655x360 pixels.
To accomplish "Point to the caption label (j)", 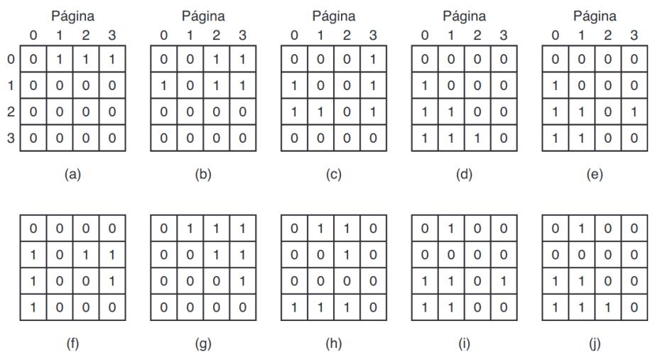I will click(x=595, y=345).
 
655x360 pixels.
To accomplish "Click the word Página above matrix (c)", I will click(x=333, y=16).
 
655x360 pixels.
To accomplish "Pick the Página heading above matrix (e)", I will click(x=595, y=16).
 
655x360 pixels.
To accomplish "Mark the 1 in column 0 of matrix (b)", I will click(x=164, y=85).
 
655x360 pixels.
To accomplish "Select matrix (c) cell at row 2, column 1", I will click(x=320, y=111).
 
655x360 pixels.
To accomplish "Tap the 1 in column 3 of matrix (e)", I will click(x=633, y=111).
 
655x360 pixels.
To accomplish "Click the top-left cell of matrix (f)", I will click(x=33, y=229).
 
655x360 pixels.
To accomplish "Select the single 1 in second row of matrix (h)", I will click(x=346, y=255).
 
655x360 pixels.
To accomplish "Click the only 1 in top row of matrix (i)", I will click(x=450, y=229).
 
